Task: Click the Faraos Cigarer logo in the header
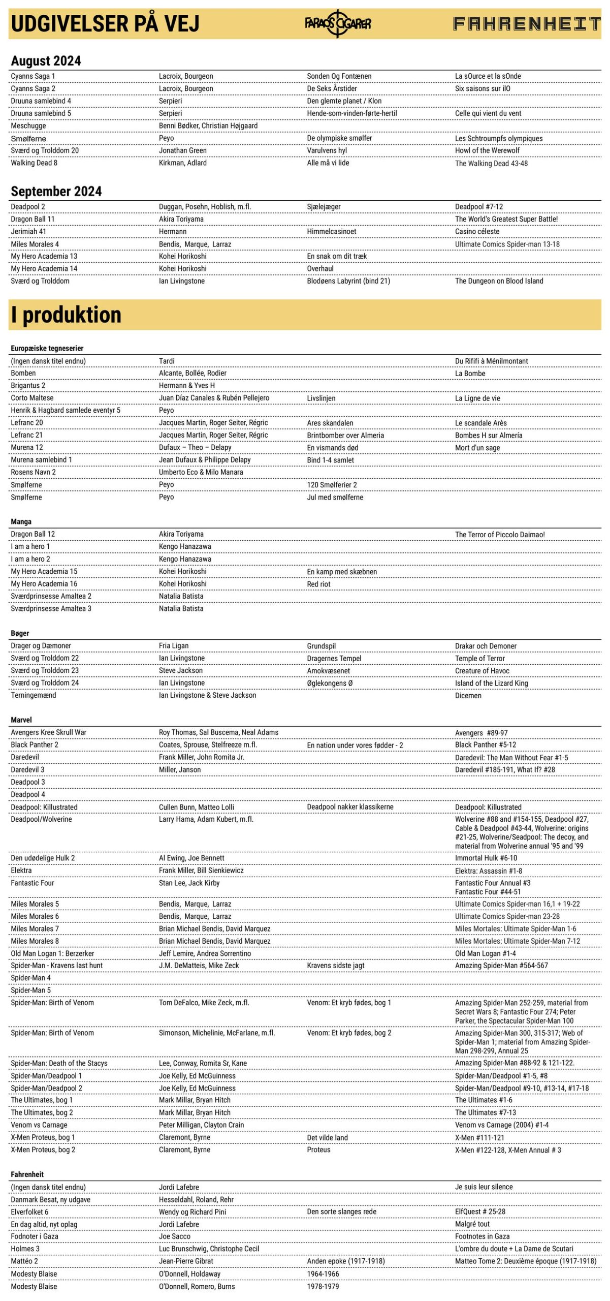[x=338, y=23]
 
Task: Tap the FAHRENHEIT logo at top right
[x=527, y=23]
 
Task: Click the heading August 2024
[x=46, y=61]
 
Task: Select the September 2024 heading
[x=56, y=191]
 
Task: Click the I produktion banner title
[x=66, y=315]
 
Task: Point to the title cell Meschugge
[x=28, y=126]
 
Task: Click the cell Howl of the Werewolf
[x=487, y=150]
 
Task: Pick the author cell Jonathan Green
[x=182, y=150]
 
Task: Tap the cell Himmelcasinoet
[x=331, y=231]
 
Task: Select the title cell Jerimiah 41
[x=28, y=231]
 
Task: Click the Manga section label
[x=21, y=521]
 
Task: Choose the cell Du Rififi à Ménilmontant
[x=491, y=361]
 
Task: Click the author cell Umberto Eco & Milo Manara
[x=201, y=472]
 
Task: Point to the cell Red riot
[x=318, y=584]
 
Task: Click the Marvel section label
[x=21, y=720]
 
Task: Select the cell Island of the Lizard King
[x=491, y=683]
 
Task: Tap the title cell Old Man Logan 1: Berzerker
[x=52, y=953]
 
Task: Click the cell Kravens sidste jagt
[x=335, y=965]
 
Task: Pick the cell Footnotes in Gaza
[x=482, y=1236]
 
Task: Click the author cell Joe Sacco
[x=174, y=1236]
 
